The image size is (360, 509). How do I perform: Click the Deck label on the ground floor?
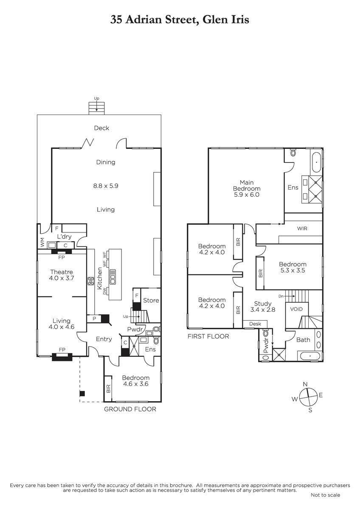(101, 128)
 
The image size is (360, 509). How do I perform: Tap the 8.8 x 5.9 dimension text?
(106, 186)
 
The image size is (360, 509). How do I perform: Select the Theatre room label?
(62, 272)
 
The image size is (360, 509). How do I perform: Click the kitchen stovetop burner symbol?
(90, 281)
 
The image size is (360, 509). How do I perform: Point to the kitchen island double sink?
(113, 277)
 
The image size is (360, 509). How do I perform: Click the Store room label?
(151, 300)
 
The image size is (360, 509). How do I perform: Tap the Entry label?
(104, 339)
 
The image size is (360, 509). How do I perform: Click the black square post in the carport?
(82, 393)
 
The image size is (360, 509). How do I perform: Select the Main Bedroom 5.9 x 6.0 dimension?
(247, 195)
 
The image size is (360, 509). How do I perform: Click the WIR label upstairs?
(302, 228)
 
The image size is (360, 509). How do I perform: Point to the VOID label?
(297, 309)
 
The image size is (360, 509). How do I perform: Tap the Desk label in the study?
(255, 324)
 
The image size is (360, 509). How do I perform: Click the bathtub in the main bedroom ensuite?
(316, 163)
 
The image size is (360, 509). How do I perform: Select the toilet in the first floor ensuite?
(293, 153)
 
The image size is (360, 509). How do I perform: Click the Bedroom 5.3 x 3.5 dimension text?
(292, 270)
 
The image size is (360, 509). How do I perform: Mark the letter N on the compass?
(305, 384)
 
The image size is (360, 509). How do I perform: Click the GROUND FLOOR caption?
(130, 409)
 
